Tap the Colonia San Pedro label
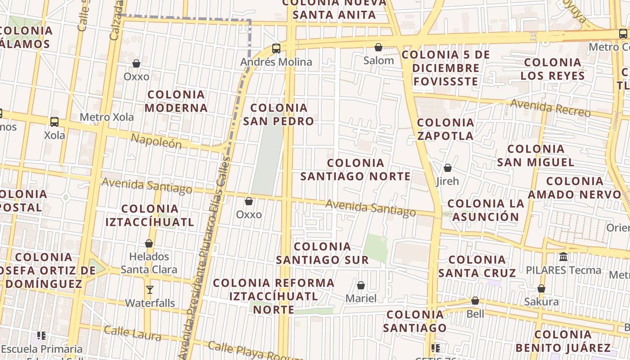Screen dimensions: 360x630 click(279, 114)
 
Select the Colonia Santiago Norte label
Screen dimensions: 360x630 click(355, 170)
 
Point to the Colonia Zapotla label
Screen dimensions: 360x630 click(445, 129)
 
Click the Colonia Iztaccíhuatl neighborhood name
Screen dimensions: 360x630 click(150, 215)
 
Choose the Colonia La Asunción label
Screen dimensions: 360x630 click(486, 210)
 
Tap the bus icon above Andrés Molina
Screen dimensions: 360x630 click(276, 49)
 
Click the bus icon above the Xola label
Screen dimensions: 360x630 click(54, 121)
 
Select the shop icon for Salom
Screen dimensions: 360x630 click(378, 47)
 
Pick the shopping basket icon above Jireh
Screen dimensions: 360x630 click(448, 168)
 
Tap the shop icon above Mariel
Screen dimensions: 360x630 click(361, 285)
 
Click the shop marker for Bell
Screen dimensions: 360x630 click(475, 301)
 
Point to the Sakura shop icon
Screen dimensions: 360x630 click(541, 288)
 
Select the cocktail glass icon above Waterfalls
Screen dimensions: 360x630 click(150, 290)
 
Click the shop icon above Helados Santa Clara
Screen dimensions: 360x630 click(149, 243)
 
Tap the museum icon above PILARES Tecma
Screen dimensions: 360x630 click(563, 257)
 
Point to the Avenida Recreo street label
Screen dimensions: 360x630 click(550, 108)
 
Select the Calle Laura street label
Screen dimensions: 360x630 click(132, 333)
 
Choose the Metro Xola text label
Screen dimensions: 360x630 click(107, 117)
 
